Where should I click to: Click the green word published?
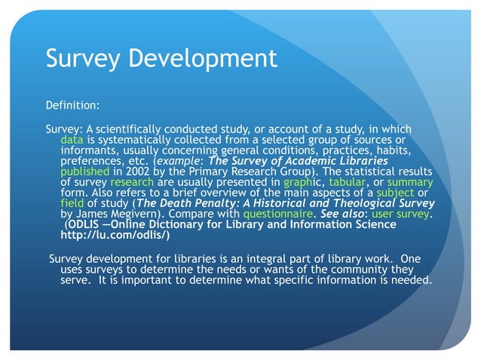(x=85, y=171)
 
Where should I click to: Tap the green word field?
(x=72, y=203)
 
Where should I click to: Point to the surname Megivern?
(x=133, y=213)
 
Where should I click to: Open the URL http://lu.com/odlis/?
(x=119, y=234)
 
